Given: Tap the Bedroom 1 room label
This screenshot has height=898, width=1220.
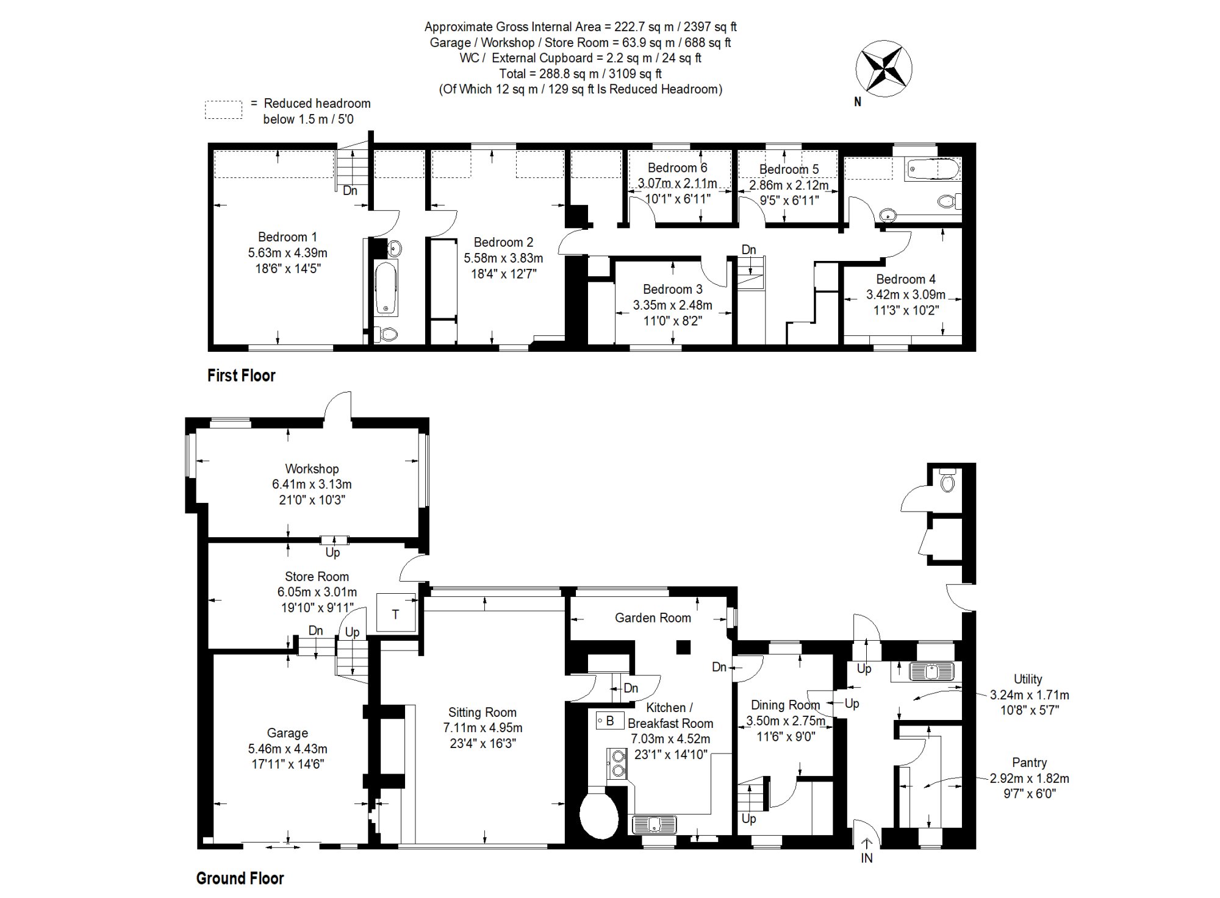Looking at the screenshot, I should (x=287, y=237).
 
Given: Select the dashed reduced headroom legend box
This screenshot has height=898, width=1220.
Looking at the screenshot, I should (x=223, y=110).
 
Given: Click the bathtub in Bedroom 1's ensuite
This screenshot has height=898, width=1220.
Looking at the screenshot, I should (x=386, y=288).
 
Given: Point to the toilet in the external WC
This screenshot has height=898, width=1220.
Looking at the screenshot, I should (x=947, y=481).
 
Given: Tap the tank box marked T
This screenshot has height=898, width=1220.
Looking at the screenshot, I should (x=396, y=613).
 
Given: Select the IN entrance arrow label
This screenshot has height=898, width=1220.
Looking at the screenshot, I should (x=866, y=858).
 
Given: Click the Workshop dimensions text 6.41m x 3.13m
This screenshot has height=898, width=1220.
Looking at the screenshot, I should (x=312, y=485).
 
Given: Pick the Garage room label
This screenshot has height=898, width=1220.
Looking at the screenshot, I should (x=287, y=733).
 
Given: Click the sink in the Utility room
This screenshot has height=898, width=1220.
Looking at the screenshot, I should (x=931, y=672).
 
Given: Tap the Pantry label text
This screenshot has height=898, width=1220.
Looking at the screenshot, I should (x=1029, y=763).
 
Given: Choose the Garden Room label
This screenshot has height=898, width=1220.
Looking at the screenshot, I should (x=653, y=618).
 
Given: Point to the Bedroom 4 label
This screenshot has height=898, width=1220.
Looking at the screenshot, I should (x=905, y=279).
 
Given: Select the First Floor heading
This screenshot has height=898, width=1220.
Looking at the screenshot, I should (x=241, y=376).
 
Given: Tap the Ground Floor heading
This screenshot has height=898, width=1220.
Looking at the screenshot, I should (x=240, y=878).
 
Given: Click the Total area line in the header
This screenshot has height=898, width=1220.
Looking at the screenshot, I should (x=580, y=74).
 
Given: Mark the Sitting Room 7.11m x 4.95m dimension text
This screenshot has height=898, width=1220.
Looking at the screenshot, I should (x=483, y=728).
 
